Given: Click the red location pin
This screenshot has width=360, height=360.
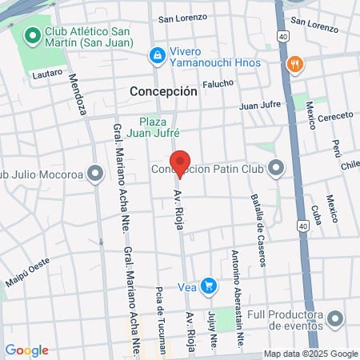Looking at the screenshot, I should click(x=180, y=163).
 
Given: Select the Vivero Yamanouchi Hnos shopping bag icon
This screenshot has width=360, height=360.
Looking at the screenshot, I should click(x=158, y=55).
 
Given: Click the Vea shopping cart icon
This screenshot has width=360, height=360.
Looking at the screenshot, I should click(x=209, y=285).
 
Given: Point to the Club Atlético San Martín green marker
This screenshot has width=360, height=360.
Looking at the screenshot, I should click(x=33, y=36).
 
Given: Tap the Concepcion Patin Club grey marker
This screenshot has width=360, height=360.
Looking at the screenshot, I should click(x=277, y=168).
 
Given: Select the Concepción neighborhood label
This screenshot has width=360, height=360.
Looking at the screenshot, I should click(x=163, y=91).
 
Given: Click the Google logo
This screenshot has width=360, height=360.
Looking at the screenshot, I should click(x=26, y=350).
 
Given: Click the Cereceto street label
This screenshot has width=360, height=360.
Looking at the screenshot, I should click(x=335, y=117).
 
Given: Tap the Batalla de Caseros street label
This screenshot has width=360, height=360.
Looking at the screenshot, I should click(x=257, y=219).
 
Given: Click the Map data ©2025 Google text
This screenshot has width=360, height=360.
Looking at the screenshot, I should click(x=311, y=354).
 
